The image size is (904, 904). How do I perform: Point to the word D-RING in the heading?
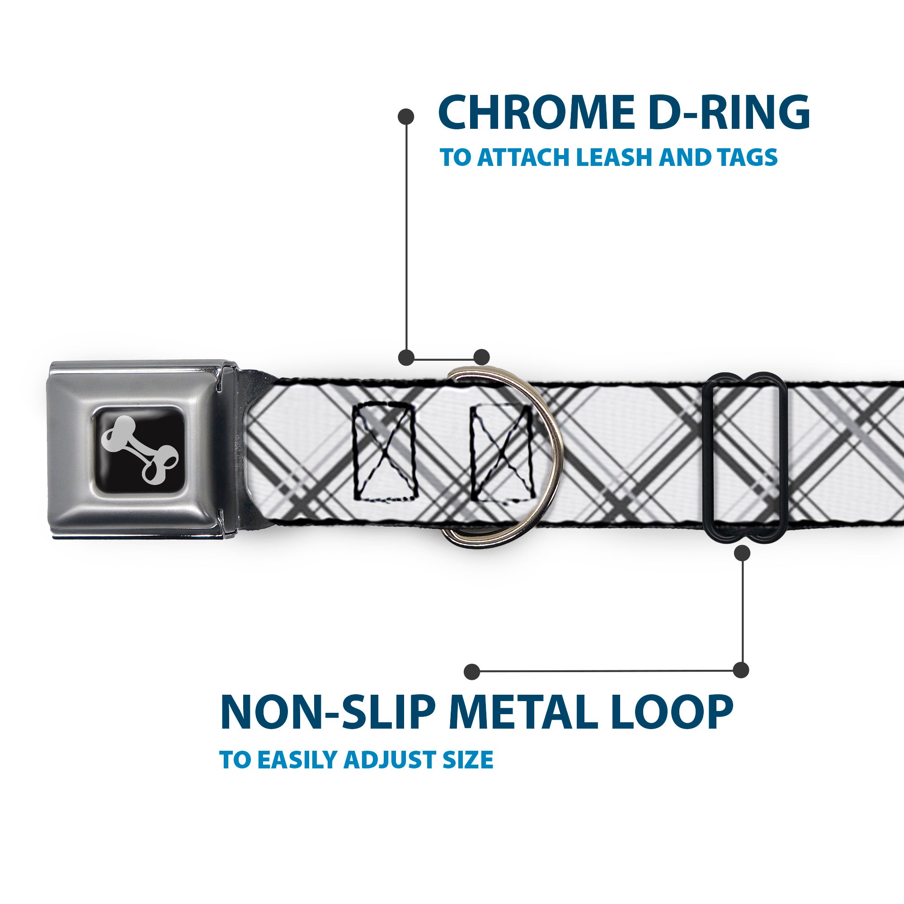(731, 113)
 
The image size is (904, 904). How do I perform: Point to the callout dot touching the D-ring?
(481, 357)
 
